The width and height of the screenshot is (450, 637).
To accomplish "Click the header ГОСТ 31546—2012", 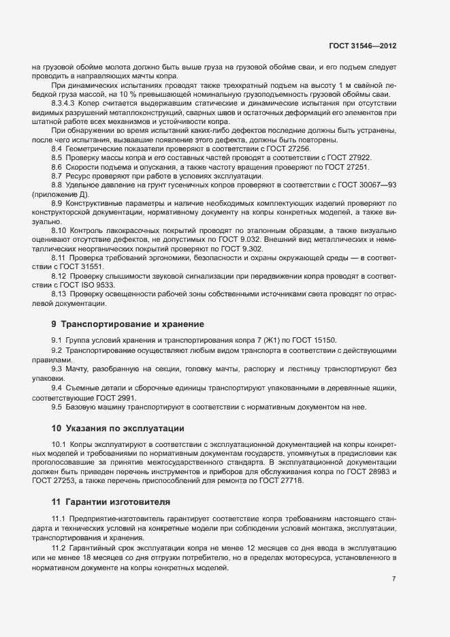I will coord(361,46).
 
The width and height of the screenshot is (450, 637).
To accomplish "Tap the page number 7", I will coord(394,578).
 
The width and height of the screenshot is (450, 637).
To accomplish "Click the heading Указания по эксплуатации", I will coord(125,429).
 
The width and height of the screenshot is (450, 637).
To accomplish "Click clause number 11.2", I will coord(58,548).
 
